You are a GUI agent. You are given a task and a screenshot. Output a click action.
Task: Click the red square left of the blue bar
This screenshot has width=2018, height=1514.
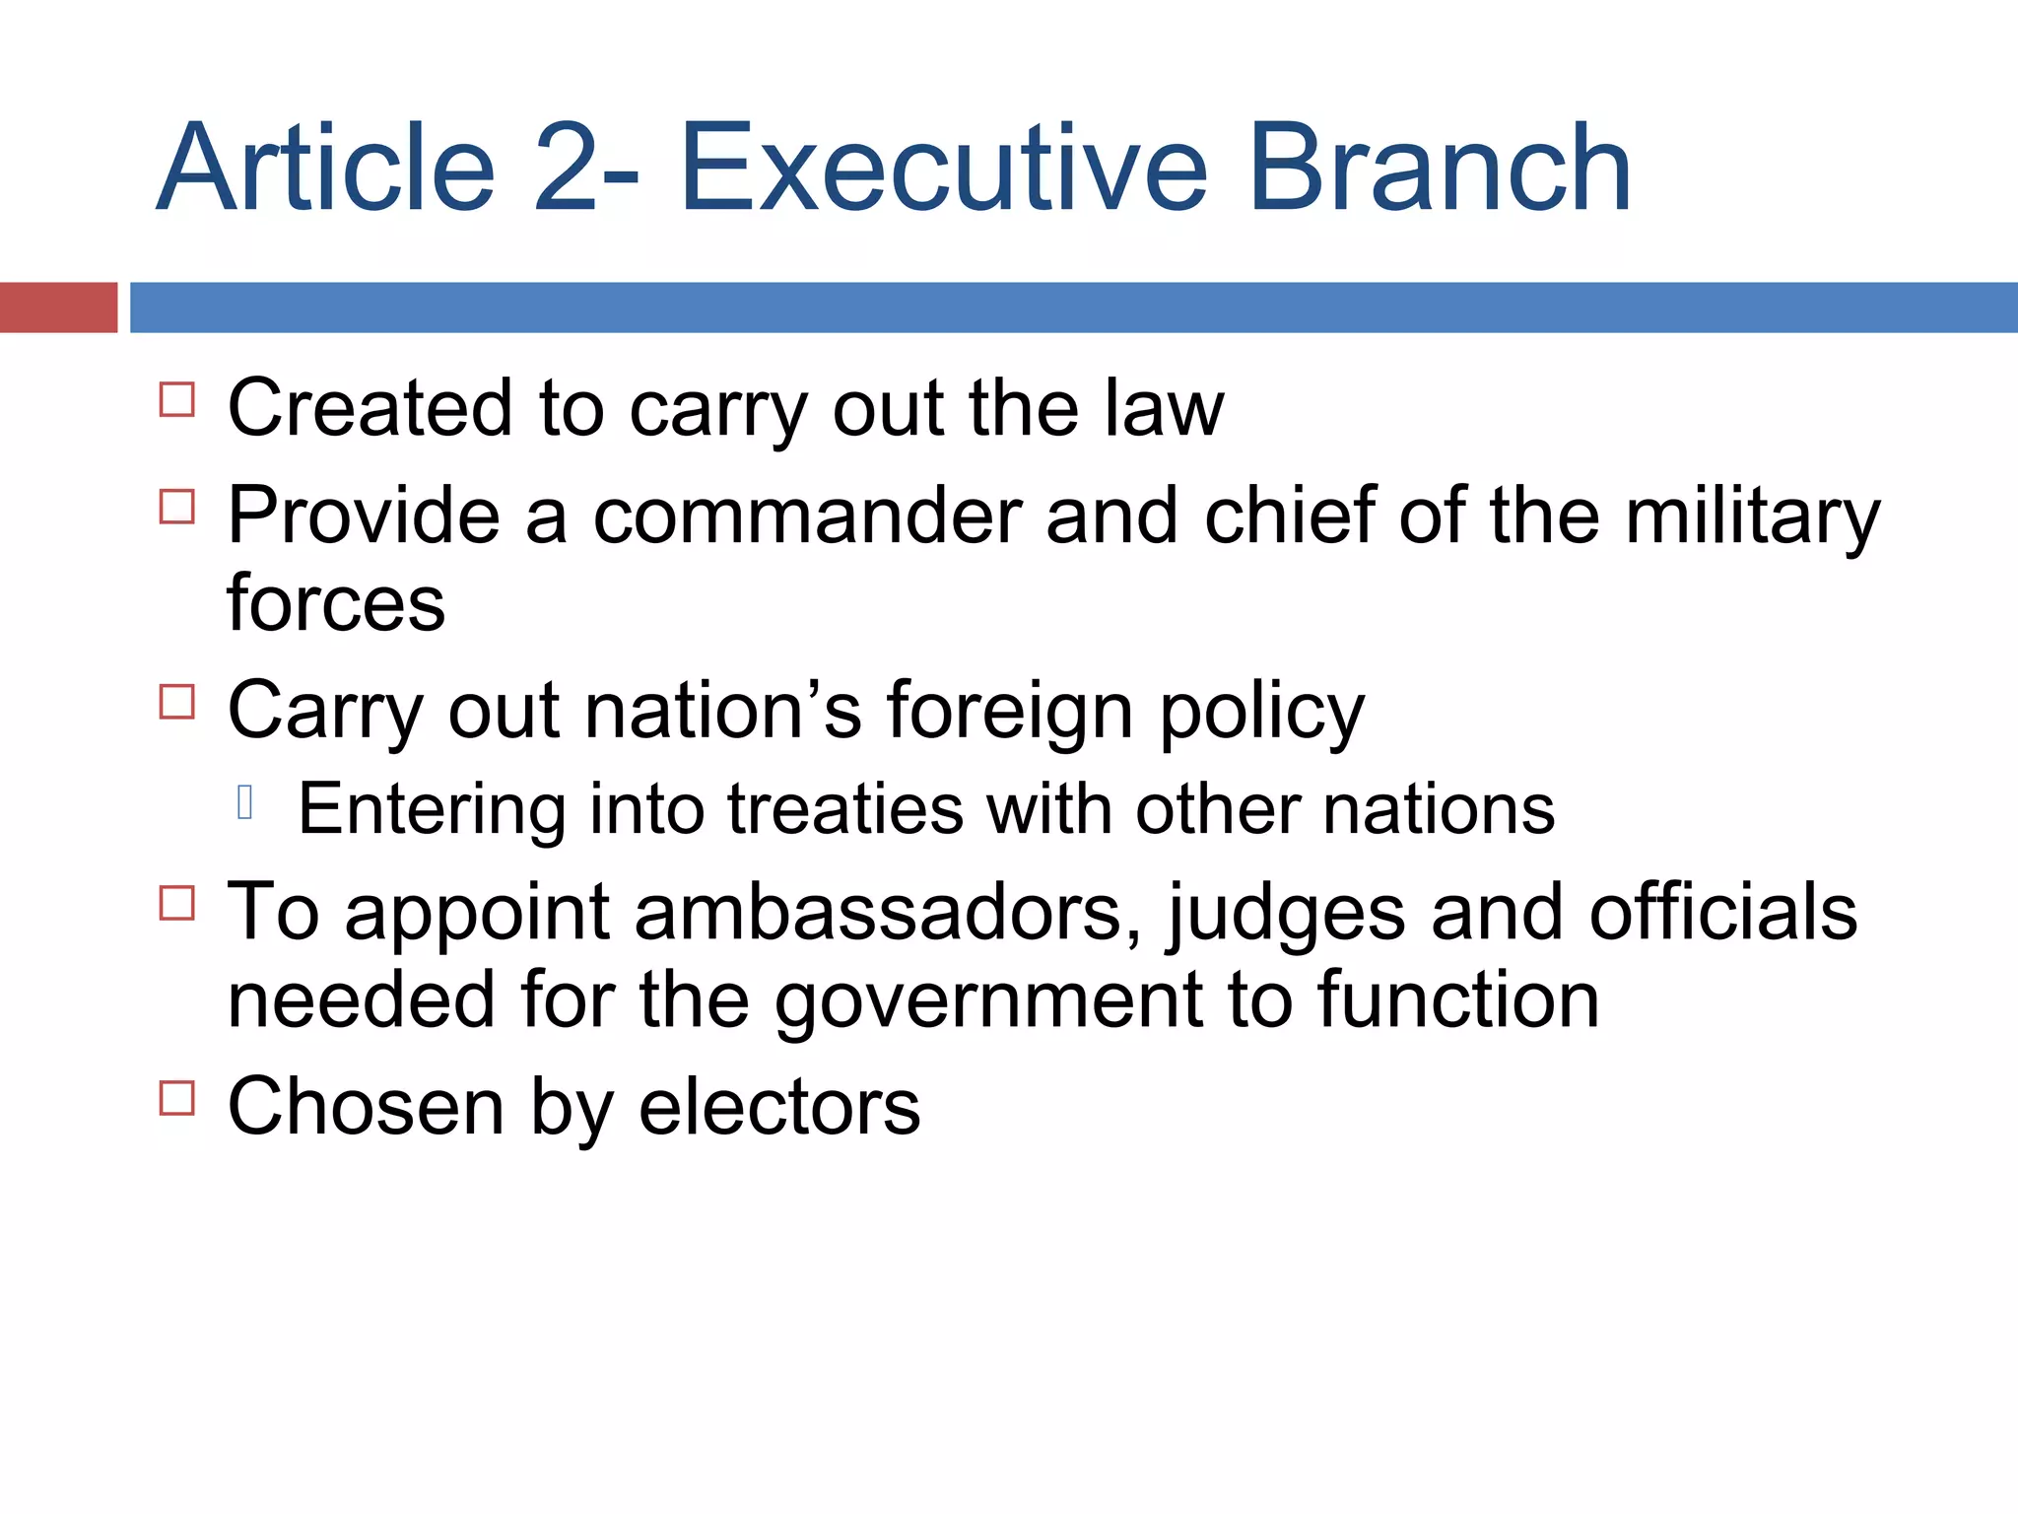(x=58, y=308)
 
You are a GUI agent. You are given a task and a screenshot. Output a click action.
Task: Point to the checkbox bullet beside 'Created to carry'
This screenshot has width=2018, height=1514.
(x=177, y=400)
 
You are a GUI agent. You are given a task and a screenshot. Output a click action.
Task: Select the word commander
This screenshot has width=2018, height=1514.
(x=807, y=516)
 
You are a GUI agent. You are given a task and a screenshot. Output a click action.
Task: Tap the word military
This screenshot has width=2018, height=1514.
(x=1752, y=516)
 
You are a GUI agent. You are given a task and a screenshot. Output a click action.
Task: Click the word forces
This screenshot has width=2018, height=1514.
(x=336, y=603)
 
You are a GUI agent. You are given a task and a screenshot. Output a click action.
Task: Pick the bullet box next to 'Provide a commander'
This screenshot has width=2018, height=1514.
(x=177, y=507)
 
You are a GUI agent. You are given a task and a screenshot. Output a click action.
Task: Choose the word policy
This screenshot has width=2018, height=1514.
(x=1262, y=711)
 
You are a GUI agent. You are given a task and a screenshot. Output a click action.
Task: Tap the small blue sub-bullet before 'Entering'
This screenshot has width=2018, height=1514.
(x=245, y=803)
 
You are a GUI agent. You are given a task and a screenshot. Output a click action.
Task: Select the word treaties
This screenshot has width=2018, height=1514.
(x=845, y=809)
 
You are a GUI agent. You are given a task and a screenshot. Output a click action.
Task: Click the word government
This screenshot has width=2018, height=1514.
(x=989, y=1001)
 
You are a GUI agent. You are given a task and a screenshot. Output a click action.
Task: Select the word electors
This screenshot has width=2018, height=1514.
(x=779, y=1107)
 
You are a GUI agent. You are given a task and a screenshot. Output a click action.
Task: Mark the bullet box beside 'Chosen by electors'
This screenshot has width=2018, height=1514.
(x=177, y=1097)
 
